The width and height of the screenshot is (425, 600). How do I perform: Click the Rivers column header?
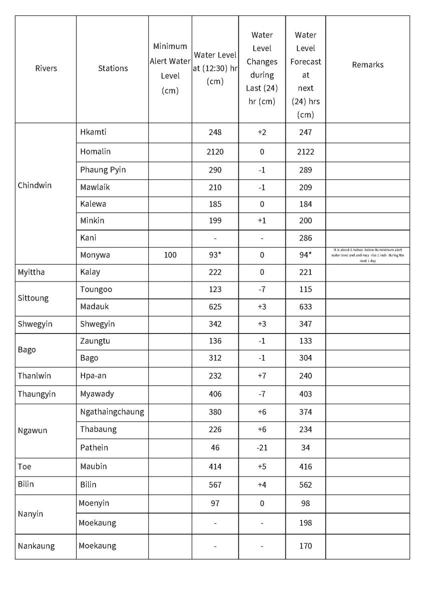[x=46, y=68]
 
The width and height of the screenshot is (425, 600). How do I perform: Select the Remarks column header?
[x=367, y=65]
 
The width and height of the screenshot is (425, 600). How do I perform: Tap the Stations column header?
[x=113, y=68]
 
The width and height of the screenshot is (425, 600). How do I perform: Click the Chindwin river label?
[x=35, y=185]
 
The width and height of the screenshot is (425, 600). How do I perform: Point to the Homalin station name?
[x=95, y=151]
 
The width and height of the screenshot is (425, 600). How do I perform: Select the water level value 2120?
[x=215, y=152]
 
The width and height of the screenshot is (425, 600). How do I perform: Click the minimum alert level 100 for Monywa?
[x=170, y=255]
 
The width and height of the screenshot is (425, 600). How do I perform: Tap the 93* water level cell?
[x=215, y=255]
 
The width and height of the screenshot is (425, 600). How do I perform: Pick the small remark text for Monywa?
[x=367, y=255]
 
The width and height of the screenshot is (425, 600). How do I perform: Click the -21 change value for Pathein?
[x=262, y=448]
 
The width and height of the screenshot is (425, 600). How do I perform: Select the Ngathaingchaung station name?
[x=112, y=412]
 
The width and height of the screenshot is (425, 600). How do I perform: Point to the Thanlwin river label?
[x=35, y=376]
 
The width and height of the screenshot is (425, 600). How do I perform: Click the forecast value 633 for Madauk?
[x=305, y=307]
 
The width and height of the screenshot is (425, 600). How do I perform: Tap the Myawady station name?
[x=97, y=394]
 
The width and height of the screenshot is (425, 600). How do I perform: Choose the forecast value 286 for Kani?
[x=305, y=238]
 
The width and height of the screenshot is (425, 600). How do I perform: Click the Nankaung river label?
[x=36, y=546]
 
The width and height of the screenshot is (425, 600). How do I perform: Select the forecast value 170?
[x=305, y=546]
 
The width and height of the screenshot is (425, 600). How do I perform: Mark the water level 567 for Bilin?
[x=215, y=485]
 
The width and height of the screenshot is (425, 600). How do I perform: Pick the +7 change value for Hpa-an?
[x=262, y=376]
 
